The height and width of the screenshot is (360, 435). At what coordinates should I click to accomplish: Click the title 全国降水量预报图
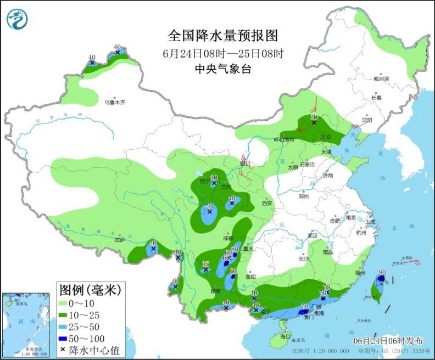click(223, 36)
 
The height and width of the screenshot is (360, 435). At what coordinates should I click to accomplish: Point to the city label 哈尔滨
click(381, 79)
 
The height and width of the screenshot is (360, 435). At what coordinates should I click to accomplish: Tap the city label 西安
click(267, 203)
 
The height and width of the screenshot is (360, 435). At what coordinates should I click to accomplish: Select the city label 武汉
click(314, 235)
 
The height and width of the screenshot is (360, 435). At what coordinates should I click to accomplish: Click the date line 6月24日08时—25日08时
click(223, 53)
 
